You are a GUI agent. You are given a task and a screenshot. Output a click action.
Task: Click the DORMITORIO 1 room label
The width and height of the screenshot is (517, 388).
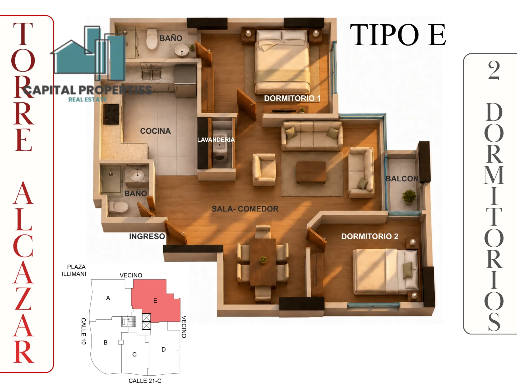pos(292,98)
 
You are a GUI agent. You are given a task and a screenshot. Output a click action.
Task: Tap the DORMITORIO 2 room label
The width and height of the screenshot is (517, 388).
pos(370,236)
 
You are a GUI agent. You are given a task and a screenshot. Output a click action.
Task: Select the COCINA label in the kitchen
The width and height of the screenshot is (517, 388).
pos(155,131)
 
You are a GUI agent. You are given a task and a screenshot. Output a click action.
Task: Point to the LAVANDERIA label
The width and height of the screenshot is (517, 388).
pos(216,140)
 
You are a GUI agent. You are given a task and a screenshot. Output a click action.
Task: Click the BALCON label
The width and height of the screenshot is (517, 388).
pos(402,179)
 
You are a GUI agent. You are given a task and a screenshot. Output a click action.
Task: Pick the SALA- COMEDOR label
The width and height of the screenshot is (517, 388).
pos(245,209)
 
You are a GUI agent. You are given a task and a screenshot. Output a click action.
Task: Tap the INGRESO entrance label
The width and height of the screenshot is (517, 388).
pos(147,236)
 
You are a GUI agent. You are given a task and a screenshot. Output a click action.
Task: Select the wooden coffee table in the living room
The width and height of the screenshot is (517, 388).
pos(311,172)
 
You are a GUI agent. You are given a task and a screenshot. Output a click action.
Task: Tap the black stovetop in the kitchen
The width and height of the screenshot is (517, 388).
pos(111,114)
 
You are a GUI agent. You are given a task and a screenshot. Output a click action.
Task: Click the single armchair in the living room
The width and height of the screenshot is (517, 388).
pos(264,170)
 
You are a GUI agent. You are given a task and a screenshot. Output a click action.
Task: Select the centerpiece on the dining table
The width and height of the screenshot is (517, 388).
pos(263,260)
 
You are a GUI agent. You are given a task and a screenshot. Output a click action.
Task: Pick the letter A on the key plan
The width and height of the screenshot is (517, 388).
pos(108,298)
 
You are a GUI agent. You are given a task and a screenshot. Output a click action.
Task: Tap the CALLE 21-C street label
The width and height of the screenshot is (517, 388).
pos(145,381)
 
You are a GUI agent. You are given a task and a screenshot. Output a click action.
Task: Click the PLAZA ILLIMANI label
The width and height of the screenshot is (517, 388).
pos(74,270)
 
